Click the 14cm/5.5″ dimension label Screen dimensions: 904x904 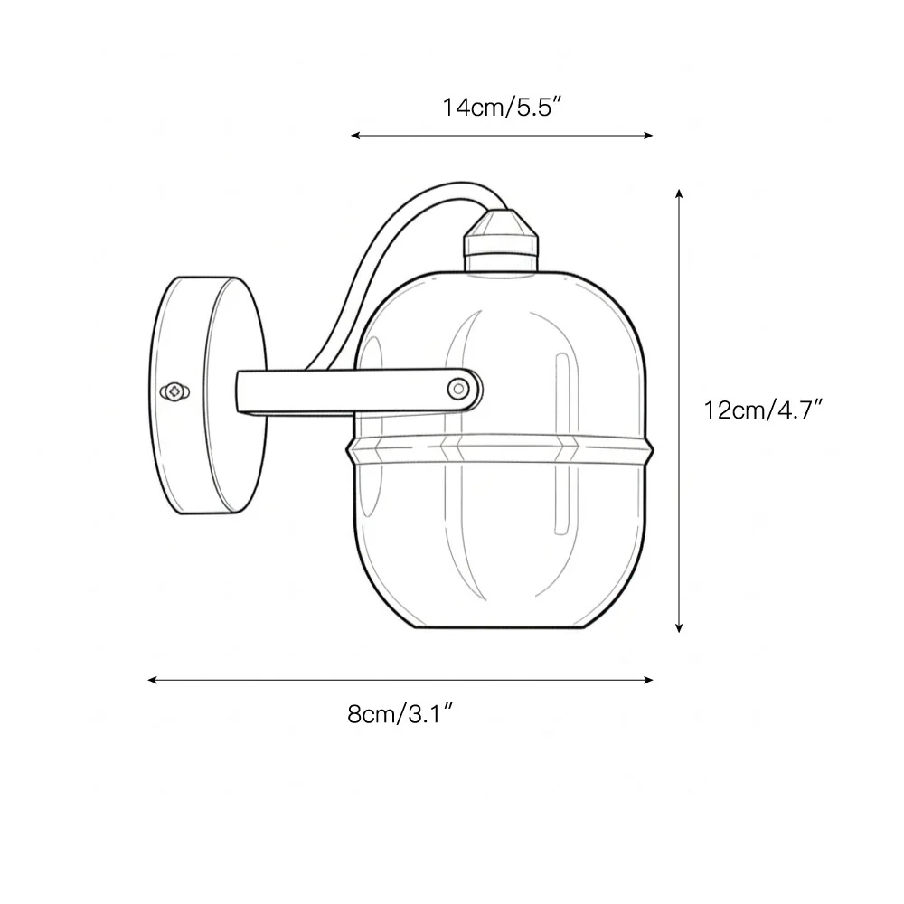pos(502,108)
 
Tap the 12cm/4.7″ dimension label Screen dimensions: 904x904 pos(763,410)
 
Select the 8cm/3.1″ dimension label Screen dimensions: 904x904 pos(400,714)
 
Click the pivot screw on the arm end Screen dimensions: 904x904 pos(458,389)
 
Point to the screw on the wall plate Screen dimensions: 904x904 pos(174,392)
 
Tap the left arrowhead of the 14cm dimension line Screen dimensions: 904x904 pos(355,136)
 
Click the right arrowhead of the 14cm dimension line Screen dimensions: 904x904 pos(647,136)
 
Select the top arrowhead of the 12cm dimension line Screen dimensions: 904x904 pos(679,193)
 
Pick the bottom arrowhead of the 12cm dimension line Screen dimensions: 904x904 pos(679,627)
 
